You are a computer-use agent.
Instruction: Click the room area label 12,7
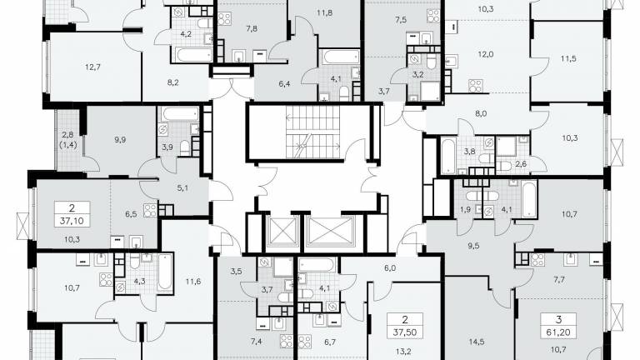(93, 67)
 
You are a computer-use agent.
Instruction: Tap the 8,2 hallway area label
(173, 82)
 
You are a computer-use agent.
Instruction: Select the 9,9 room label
(120, 140)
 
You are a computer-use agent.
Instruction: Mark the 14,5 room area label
(477, 342)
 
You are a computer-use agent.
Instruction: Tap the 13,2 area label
(402, 352)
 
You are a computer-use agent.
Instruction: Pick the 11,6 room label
(193, 281)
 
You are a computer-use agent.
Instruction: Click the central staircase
(313, 132)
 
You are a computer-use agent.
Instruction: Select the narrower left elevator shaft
(282, 231)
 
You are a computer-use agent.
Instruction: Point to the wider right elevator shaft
(330, 231)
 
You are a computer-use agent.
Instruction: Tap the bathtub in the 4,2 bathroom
(194, 54)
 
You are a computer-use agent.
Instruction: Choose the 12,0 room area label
(485, 54)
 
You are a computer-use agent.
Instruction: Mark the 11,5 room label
(568, 59)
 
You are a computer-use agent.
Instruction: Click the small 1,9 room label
(465, 210)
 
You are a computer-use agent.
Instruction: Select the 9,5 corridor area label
(473, 246)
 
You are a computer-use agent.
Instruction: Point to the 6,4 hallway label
(284, 84)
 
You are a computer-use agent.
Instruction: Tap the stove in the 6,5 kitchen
(150, 210)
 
